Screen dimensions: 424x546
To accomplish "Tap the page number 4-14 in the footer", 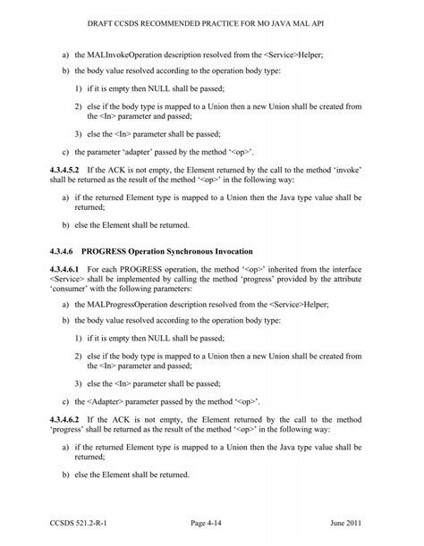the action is click(211, 521).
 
